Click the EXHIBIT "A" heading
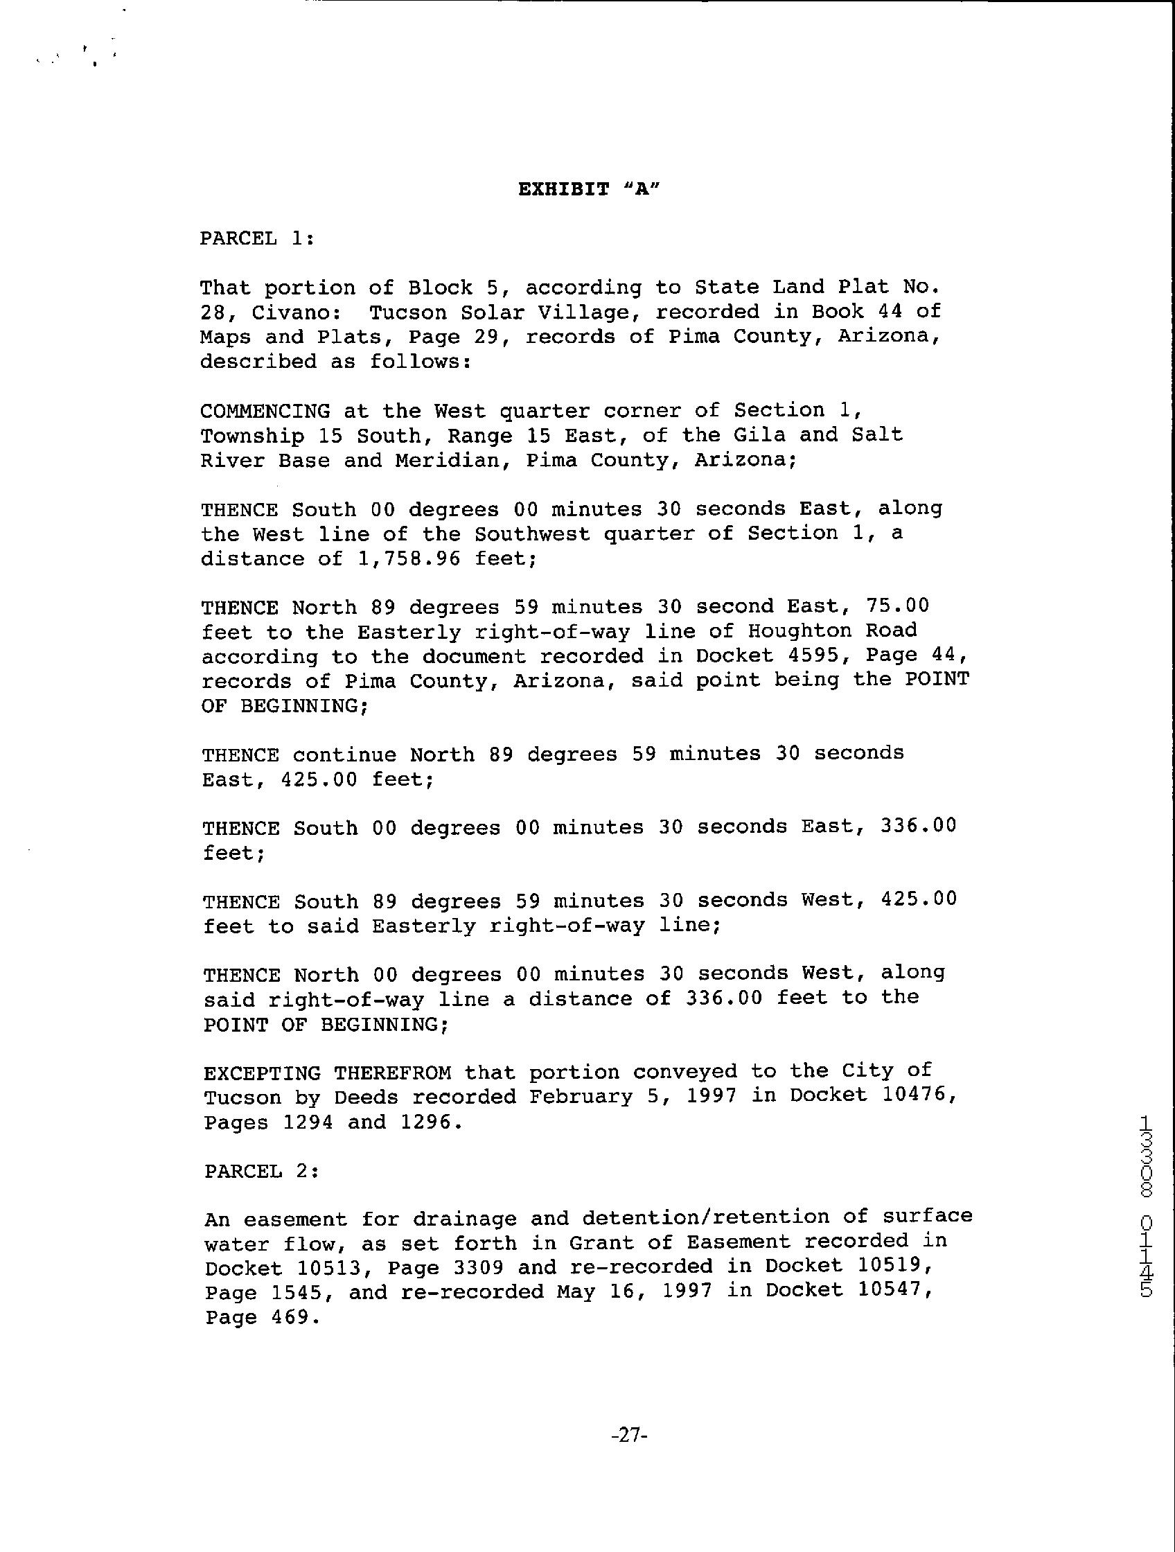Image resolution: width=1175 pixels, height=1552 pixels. click(590, 189)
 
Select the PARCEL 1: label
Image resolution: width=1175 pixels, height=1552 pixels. click(257, 238)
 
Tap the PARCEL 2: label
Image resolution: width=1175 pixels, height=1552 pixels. click(262, 1171)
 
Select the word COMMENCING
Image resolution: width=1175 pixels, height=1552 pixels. click(265, 411)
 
